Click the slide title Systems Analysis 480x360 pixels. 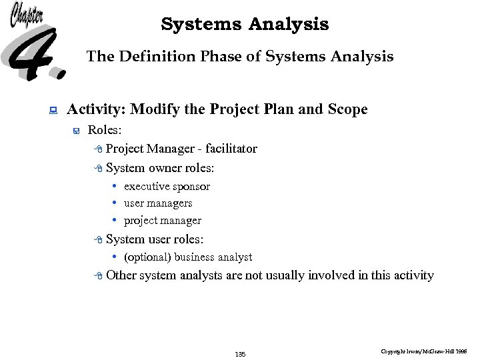(x=245, y=25)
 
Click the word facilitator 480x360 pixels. (x=231, y=149)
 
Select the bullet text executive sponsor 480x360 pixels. (x=167, y=187)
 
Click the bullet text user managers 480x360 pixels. (x=158, y=203)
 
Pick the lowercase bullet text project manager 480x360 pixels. (x=163, y=221)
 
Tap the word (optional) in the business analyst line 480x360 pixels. (x=147, y=257)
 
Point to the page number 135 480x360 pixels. (x=240, y=354)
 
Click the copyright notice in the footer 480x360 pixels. (x=424, y=351)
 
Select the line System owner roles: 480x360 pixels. (x=160, y=168)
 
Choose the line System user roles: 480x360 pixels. (x=155, y=239)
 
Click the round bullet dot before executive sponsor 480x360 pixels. (x=115, y=186)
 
